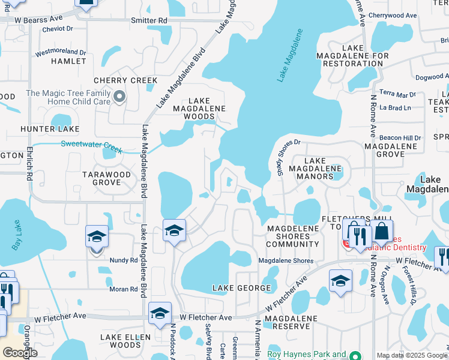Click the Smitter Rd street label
click(149, 20)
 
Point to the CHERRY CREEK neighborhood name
click(125, 80)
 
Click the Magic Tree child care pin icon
click(119, 97)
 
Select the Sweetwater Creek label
click(91, 144)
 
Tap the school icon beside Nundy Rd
click(97, 237)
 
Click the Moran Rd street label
click(124, 289)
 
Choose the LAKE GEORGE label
click(242, 289)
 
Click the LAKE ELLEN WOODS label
click(121, 341)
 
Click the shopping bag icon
click(381, 232)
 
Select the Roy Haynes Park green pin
click(355, 355)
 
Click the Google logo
click(20, 353)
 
